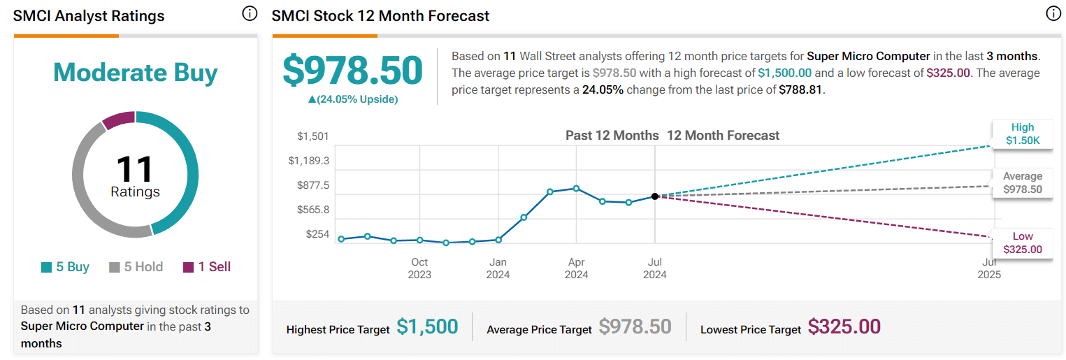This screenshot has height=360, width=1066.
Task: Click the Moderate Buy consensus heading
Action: tap(135, 73)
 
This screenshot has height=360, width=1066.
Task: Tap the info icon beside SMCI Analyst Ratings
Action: tap(250, 13)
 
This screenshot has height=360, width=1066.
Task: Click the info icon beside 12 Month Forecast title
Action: tap(1053, 13)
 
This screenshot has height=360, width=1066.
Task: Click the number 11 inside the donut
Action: tap(135, 169)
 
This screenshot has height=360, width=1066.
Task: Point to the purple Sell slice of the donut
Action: tap(117, 120)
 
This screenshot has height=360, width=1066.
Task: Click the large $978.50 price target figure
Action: tap(352, 71)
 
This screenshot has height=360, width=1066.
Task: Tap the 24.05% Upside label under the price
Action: tap(352, 99)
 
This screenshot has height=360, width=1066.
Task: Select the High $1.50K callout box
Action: tap(1022, 134)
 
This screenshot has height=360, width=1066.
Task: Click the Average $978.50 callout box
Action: tap(1022, 182)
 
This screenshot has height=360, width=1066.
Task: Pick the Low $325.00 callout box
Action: tap(1022, 243)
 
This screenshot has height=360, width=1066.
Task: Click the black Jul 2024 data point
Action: tap(655, 196)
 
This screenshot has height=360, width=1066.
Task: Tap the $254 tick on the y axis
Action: tap(317, 234)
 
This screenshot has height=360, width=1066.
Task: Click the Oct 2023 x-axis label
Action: tap(419, 268)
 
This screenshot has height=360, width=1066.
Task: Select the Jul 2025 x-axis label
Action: tap(989, 268)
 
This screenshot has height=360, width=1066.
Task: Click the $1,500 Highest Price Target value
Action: tap(427, 326)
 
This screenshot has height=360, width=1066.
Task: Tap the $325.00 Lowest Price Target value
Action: tap(844, 326)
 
